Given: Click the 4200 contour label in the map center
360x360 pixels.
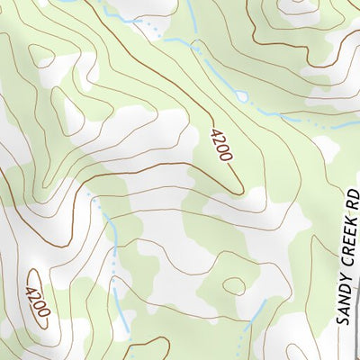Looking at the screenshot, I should pos(220,145).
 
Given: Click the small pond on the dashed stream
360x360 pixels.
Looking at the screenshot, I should pos(241,95).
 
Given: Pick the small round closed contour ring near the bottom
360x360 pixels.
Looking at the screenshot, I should pos(234,285).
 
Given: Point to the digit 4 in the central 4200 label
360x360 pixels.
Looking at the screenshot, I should pos(214,133).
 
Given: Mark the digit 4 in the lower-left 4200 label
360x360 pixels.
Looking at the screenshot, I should pos(33,290).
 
